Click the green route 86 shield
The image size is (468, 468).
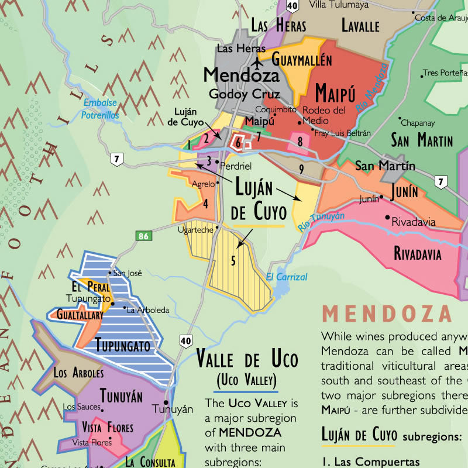[x=143, y=236]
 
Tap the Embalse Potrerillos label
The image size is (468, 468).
[x=101, y=109]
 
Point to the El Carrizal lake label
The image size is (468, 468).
[x=286, y=277]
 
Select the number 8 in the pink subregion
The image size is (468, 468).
[x=300, y=141]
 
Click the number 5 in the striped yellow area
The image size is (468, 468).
[x=233, y=261]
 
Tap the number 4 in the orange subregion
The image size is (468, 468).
[x=205, y=204]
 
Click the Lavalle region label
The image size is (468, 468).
[x=360, y=26]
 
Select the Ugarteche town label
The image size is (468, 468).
[x=195, y=230]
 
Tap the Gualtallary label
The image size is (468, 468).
[x=80, y=315]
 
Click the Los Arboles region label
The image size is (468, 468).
[x=78, y=373]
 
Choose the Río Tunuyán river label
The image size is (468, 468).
[x=321, y=221]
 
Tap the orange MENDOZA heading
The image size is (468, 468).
[x=387, y=314]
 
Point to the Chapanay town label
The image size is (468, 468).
[x=418, y=123]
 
